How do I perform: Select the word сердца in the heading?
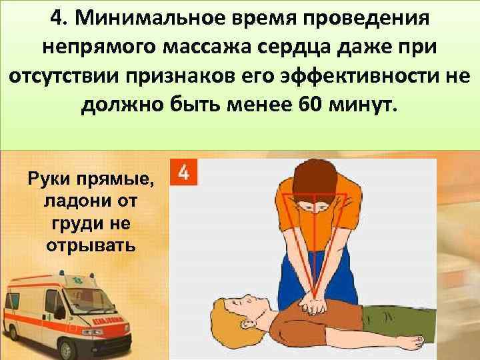pyautogui.click(x=301, y=47)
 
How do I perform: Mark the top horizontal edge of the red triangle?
pyautogui.click(x=311, y=195)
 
